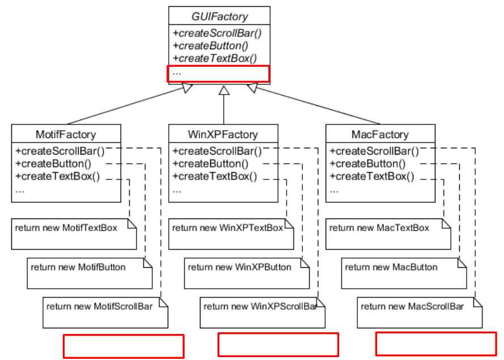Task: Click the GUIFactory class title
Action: pos(219,17)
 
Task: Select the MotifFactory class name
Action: pos(66,135)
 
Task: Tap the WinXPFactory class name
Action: pos(223,135)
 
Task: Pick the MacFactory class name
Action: pos(380,135)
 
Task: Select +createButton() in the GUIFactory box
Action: pos(211,46)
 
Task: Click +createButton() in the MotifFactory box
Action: pos(53,164)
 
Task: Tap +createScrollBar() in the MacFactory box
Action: pos(374,151)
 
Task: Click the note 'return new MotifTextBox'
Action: pos(66,228)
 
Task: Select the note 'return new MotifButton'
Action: pos(78,267)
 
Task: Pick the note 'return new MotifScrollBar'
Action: pos(99,307)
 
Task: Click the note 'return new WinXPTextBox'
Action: pos(227,228)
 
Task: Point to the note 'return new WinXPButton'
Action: pos(240,267)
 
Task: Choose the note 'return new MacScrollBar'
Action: pos(412,307)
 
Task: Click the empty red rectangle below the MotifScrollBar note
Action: pos(123,346)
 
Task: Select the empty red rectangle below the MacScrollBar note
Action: pos(436,344)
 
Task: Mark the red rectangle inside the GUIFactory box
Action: pos(219,74)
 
